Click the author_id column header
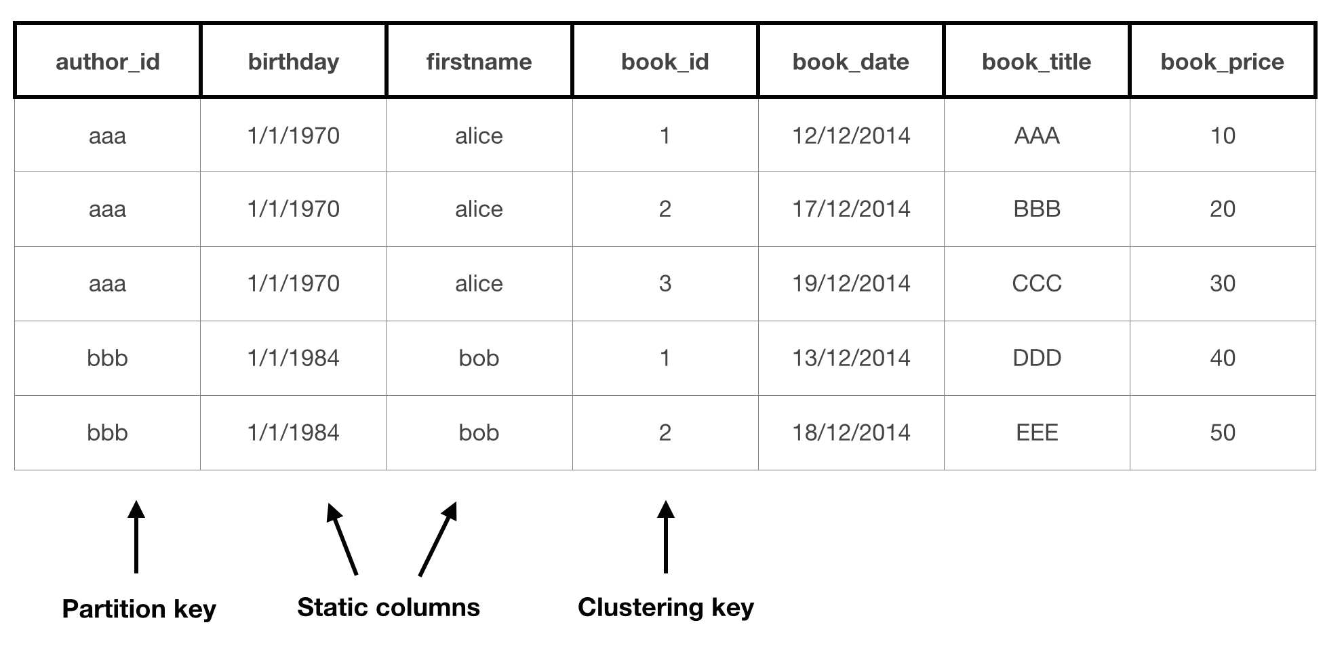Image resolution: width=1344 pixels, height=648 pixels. [107, 62]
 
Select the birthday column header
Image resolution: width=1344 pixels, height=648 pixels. [293, 62]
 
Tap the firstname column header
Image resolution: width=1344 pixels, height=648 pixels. [479, 62]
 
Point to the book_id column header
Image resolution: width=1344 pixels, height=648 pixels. [665, 62]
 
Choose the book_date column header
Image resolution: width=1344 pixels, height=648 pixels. [850, 62]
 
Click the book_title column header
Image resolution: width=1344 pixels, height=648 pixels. [1036, 62]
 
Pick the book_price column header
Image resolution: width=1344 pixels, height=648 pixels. [1222, 62]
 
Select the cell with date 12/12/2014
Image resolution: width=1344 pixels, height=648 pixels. [851, 136]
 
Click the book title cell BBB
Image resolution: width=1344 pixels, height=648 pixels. [1037, 209]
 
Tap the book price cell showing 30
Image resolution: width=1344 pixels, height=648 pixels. [1223, 283]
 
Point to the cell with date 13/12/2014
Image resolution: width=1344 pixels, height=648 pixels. [851, 358]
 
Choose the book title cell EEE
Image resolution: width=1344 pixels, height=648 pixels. [1037, 432]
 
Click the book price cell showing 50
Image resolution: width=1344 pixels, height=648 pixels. [1223, 432]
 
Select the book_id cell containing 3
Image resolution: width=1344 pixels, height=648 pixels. [665, 283]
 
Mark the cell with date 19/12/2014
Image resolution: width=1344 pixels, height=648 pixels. [851, 283]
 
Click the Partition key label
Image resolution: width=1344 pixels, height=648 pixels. [139, 609]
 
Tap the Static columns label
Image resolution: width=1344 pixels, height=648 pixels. [388, 607]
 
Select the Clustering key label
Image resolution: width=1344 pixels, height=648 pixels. [665, 607]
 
